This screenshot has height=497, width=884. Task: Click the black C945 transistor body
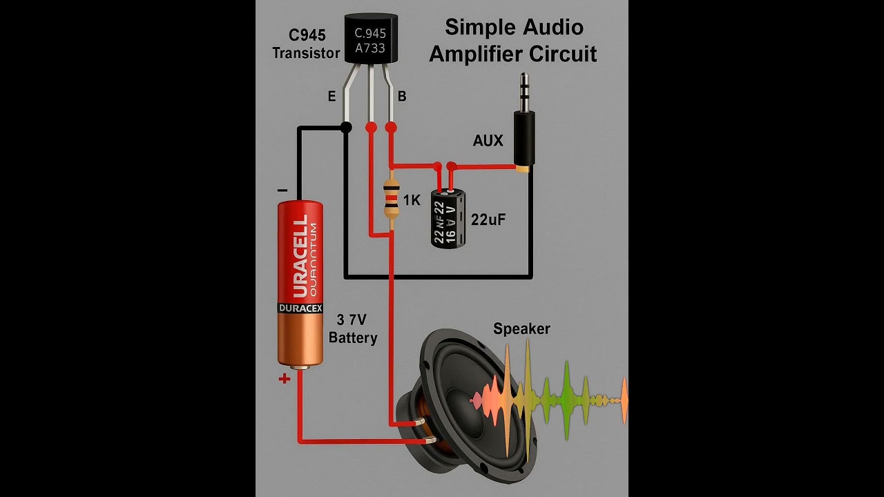click(370, 40)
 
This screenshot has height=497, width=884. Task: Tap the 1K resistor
click(392, 200)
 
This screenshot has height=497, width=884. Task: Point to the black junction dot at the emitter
click(346, 127)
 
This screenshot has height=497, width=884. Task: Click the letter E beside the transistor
click(331, 97)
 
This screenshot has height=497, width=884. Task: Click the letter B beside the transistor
click(402, 97)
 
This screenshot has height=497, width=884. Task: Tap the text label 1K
click(412, 200)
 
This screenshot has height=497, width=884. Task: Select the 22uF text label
click(488, 220)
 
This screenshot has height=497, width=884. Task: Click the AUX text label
click(488, 141)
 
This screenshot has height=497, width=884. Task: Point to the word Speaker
click(521, 329)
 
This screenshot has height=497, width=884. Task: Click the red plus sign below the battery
click(284, 378)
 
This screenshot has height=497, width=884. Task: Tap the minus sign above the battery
click(282, 190)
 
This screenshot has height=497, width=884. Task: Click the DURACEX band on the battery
click(300, 308)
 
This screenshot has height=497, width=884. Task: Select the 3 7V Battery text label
click(352, 329)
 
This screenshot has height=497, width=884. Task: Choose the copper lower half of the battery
click(300, 338)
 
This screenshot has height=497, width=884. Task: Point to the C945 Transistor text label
click(307, 43)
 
